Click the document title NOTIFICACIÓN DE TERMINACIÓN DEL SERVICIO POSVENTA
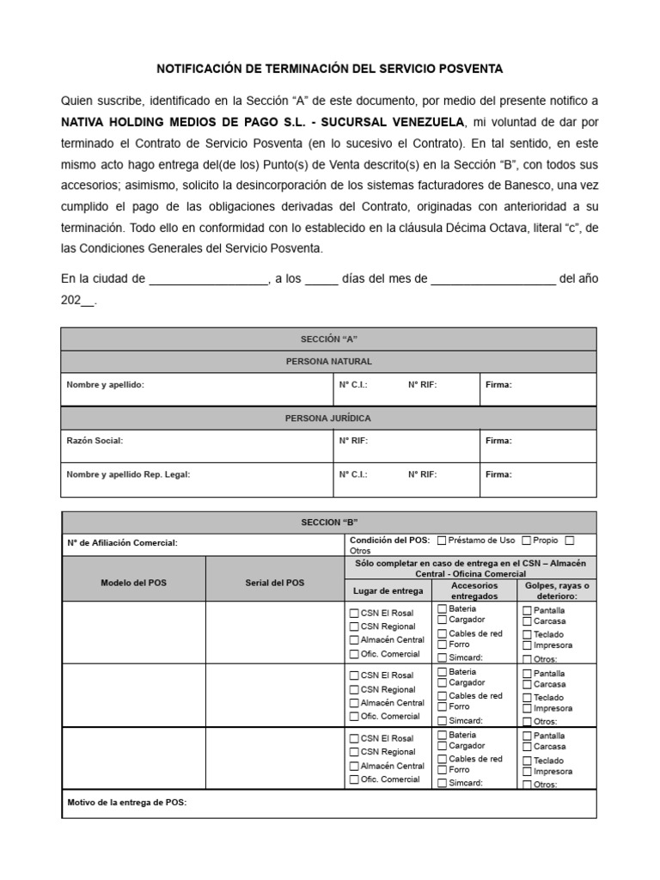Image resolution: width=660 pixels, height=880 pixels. [329, 68]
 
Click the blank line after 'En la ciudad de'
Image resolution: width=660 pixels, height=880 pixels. [209, 279]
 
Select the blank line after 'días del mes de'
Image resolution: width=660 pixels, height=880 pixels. [492, 279]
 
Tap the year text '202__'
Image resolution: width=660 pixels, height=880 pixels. [78, 302]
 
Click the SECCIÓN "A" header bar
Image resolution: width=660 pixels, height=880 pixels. [329, 339]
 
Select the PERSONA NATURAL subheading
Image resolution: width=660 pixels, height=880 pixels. [329, 362]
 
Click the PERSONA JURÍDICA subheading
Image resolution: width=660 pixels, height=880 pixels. [329, 419]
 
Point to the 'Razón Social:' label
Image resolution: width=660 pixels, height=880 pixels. [95, 441]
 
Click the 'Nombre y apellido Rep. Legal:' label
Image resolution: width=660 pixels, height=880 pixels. [128, 474]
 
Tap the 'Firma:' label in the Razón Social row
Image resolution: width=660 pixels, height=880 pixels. [498, 441]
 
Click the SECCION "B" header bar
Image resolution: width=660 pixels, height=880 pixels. [329, 522]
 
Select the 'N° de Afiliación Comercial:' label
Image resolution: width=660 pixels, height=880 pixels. [121, 544]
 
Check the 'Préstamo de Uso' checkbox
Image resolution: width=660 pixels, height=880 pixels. [442, 541]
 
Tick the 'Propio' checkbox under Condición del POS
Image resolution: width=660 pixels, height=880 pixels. [527, 541]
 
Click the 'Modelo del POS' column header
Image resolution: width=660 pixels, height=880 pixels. [134, 583]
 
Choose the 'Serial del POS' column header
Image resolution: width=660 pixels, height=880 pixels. [274, 583]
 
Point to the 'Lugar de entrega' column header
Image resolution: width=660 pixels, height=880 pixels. [388, 591]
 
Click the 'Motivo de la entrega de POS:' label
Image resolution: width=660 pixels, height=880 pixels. [126, 804]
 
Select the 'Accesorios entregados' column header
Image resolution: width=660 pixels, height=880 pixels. [473, 590]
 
